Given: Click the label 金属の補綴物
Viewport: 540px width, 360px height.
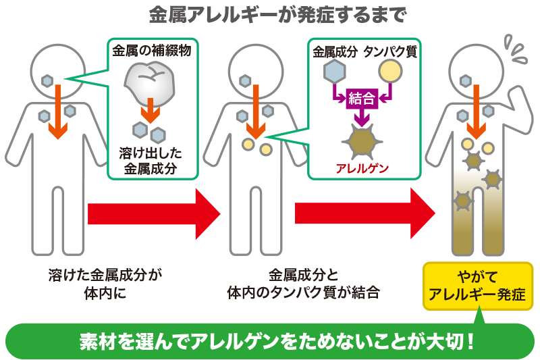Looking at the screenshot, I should point(150,51).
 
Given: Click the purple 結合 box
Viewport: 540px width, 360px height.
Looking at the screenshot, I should point(362,99).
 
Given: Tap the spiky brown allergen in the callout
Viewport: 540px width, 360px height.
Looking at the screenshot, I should point(362,140).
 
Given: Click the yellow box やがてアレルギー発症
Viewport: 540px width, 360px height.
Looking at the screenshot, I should point(478,286).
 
